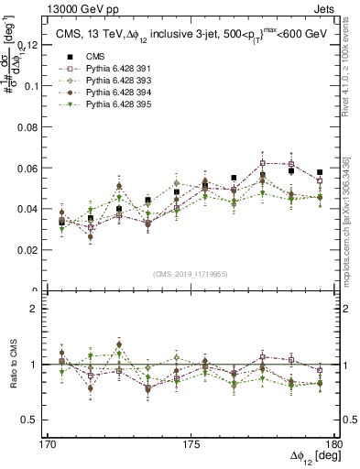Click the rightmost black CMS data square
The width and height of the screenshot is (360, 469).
coord(320,172)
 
